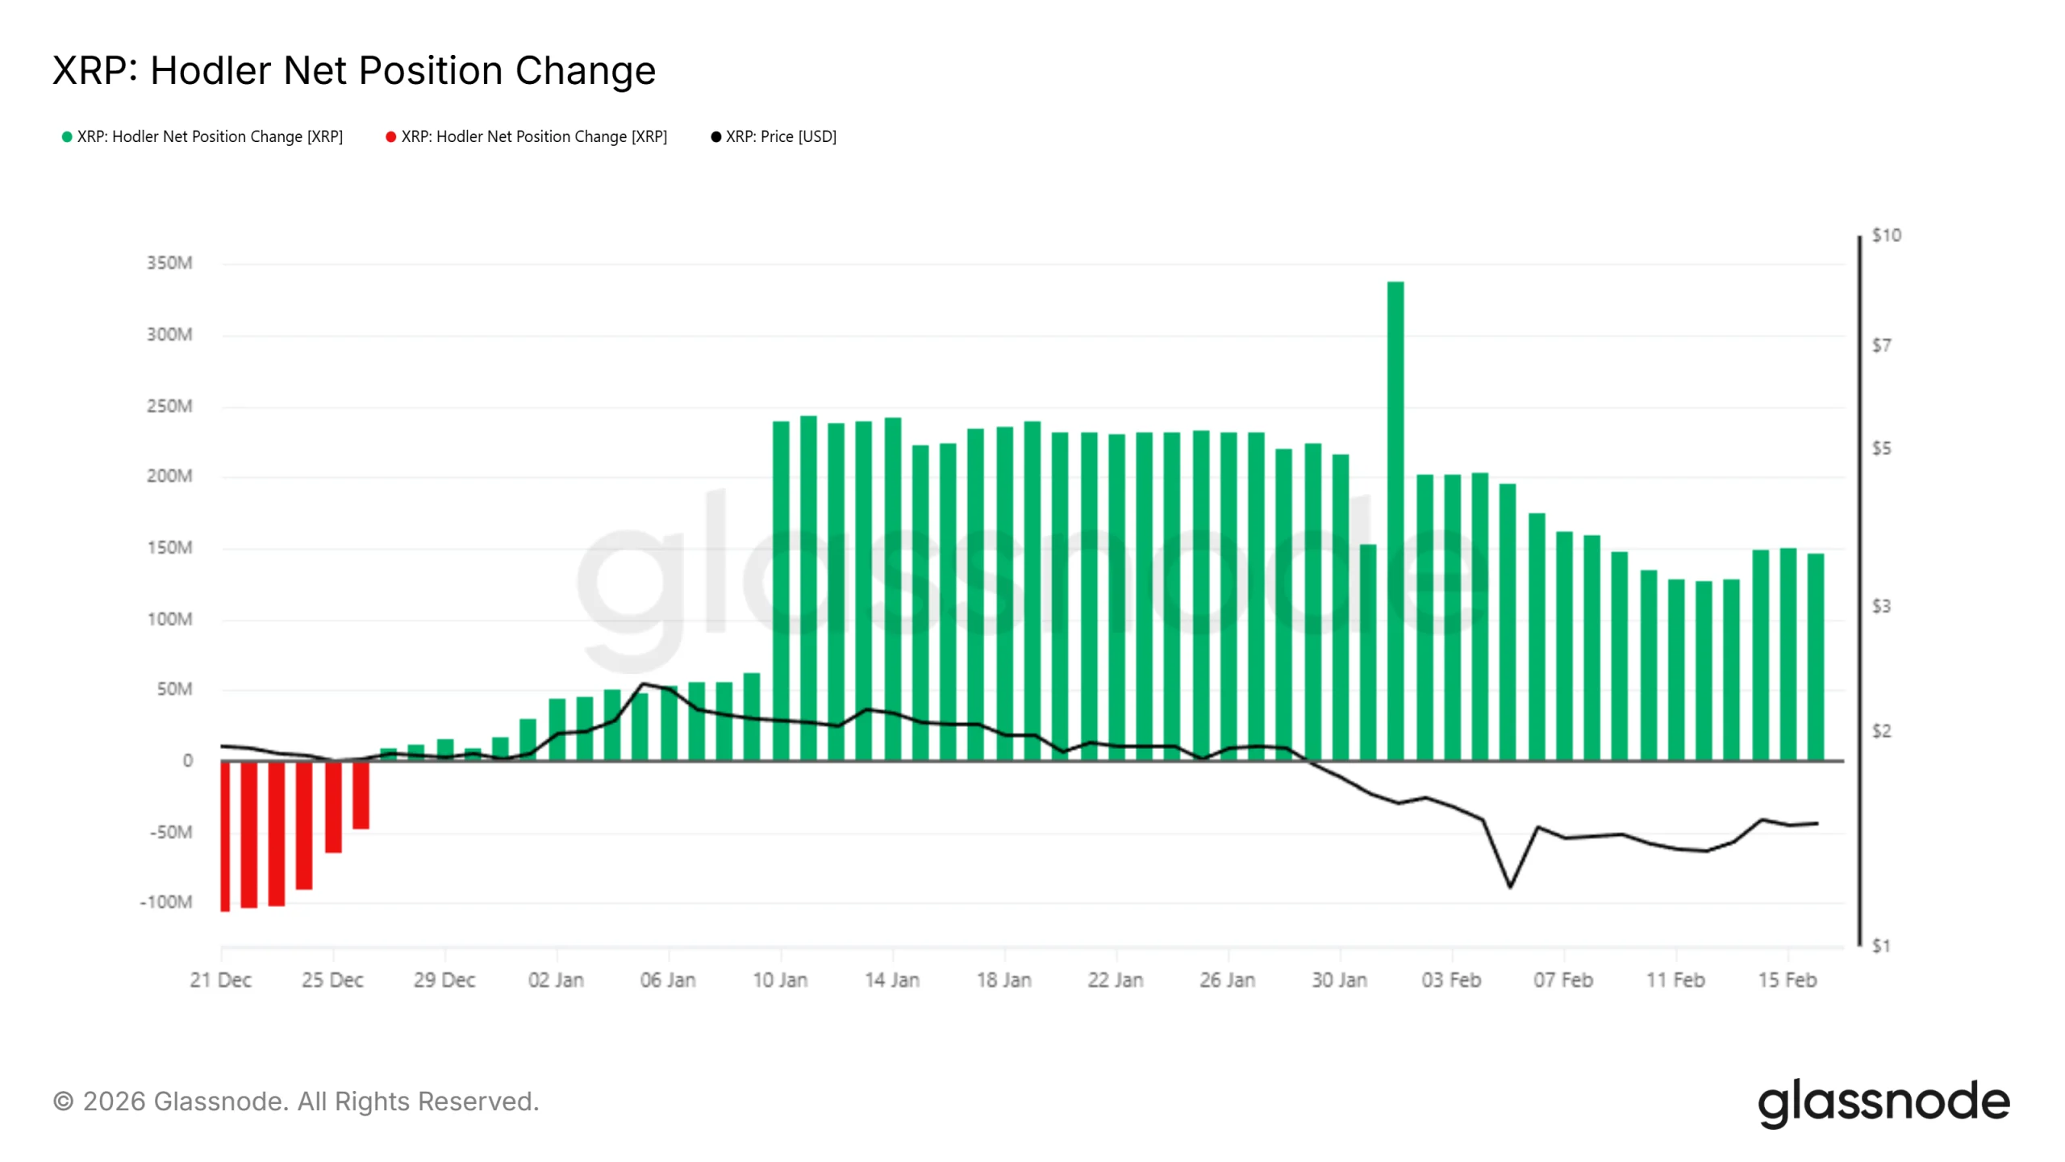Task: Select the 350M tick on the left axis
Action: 169,263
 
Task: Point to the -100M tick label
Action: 166,902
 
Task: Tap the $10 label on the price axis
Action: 1886,236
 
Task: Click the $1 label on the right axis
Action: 1881,946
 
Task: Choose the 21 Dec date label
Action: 220,980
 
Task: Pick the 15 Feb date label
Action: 1787,980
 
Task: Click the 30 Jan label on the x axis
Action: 1339,980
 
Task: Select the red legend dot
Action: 390,137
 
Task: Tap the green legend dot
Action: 67,137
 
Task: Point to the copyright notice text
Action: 296,1101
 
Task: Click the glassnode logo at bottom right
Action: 1884,1102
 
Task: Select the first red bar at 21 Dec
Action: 225,835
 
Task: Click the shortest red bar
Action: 361,795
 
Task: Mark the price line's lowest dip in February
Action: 1510,886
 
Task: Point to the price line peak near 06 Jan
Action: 643,684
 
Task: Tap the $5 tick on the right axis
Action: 1881,449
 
